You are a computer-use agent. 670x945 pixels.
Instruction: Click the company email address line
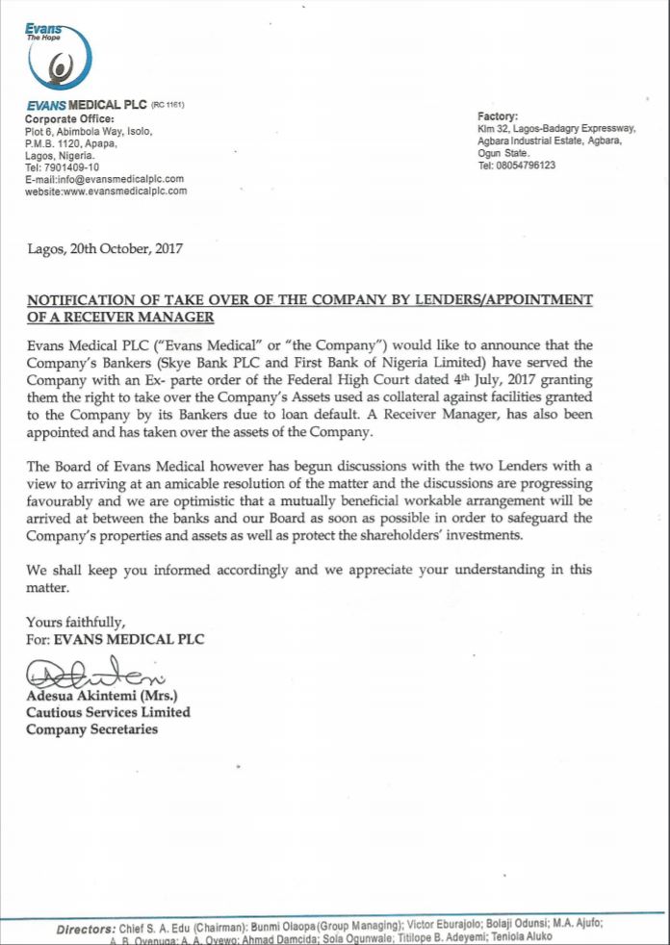pyautogui.click(x=104, y=179)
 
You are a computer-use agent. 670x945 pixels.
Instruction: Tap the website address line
pyautogui.click(x=106, y=191)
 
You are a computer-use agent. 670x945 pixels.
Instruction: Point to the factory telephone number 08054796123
pyautogui.click(x=516, y=166)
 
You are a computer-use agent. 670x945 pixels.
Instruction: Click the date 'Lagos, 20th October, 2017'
pyautogui.click(x=105, y=248)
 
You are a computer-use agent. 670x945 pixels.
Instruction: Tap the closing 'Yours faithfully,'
pyautogui.click(x=75, y=621)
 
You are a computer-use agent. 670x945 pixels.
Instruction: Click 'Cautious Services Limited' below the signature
pyautogui.click(x=108, y=712)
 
